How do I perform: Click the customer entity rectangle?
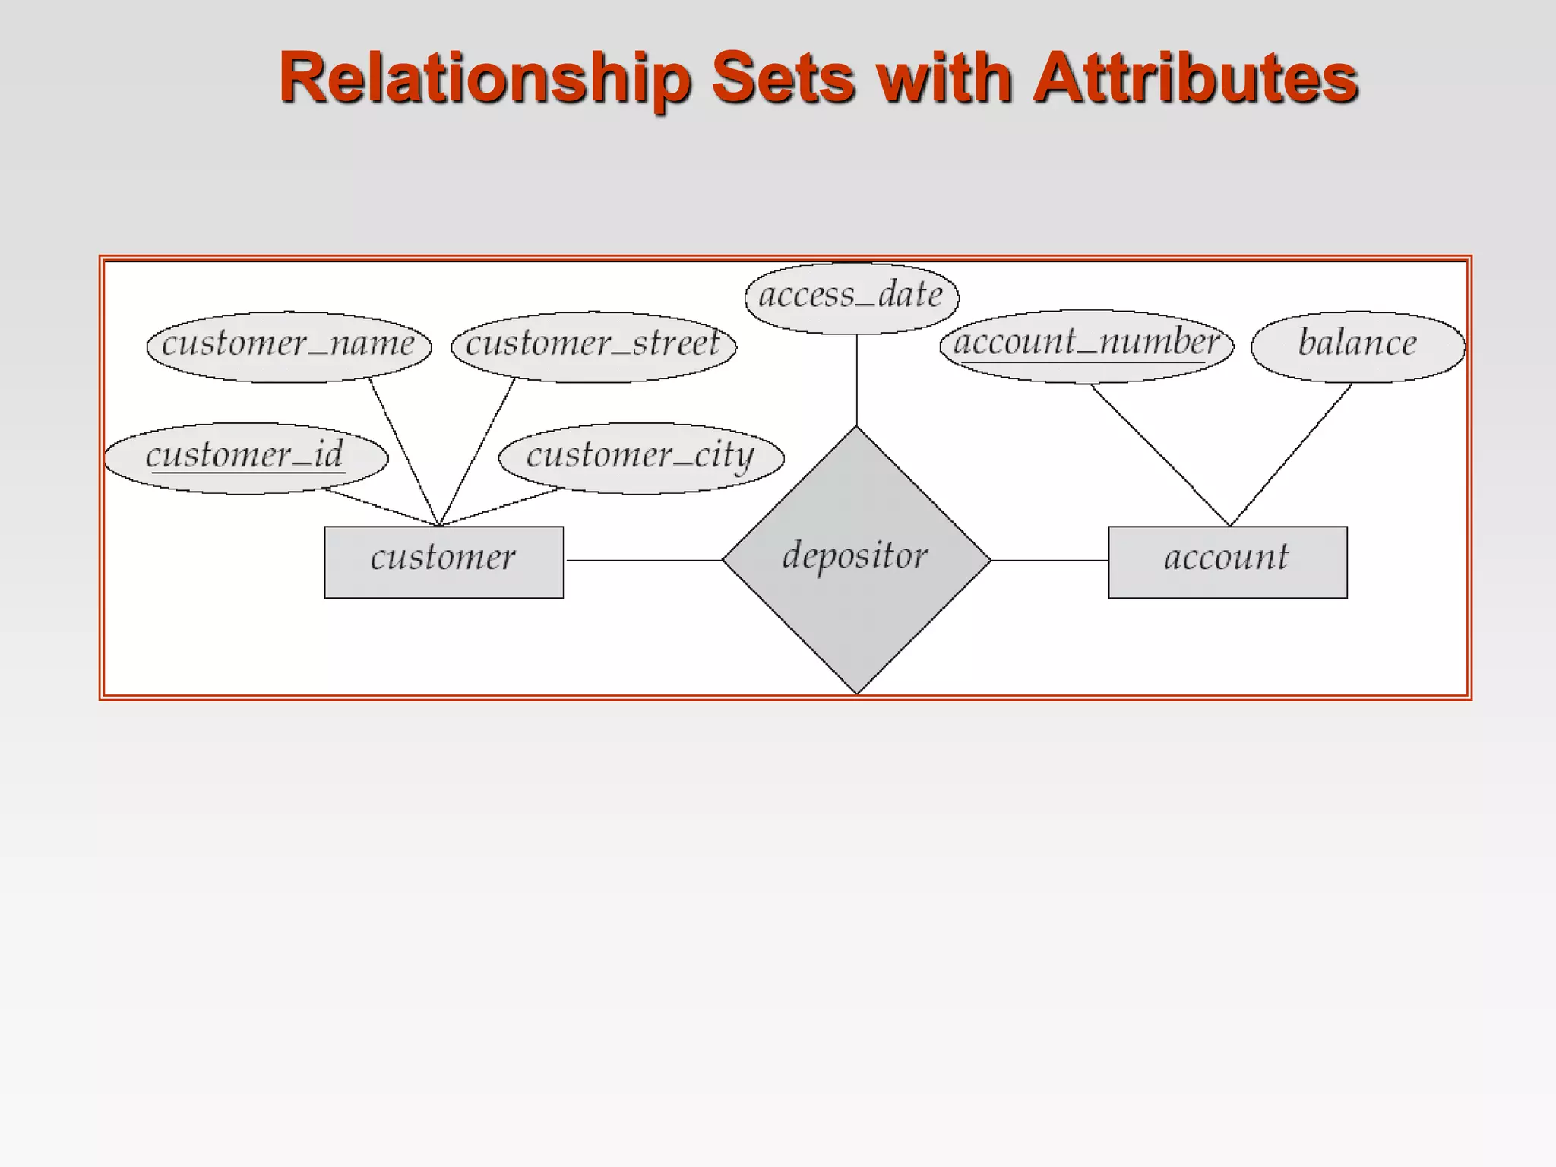pyautogui.click(x=444, y=561)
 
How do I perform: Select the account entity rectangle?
pyautogui.click(x=1227, y=561)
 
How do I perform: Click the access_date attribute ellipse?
pyautogui.click(x=852, y=297)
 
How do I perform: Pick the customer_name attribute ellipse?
pyautogui.click(x=289, y=346)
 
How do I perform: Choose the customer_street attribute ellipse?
pyautogui.click(x=593, y=346)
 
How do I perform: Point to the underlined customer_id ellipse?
pyautogui.click(x=245, y=458)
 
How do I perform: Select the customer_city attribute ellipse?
pyautogui.click(x=640, y=458)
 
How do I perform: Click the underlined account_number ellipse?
pyautogui.click(x=1086, y=345)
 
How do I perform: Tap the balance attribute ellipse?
pyautogui.click(x=1358, y=346)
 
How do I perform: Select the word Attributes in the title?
pyautogui.click(x=1195, y=77)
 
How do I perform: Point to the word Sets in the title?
pyautogui.click(x=783, y=77)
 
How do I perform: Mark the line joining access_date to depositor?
pyautogui.click(x=857, y=380)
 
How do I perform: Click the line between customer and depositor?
pyautogui.click(x=644, y=561)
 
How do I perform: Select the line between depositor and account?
pyautogui.click(x=1049, y=561)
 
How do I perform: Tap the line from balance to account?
pyautogui.click(x=1290, y=455)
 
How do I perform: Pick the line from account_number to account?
pyautogui.click(x=1160, y=455)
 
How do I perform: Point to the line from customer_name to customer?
pyautogui.click(x=404, y=452)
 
